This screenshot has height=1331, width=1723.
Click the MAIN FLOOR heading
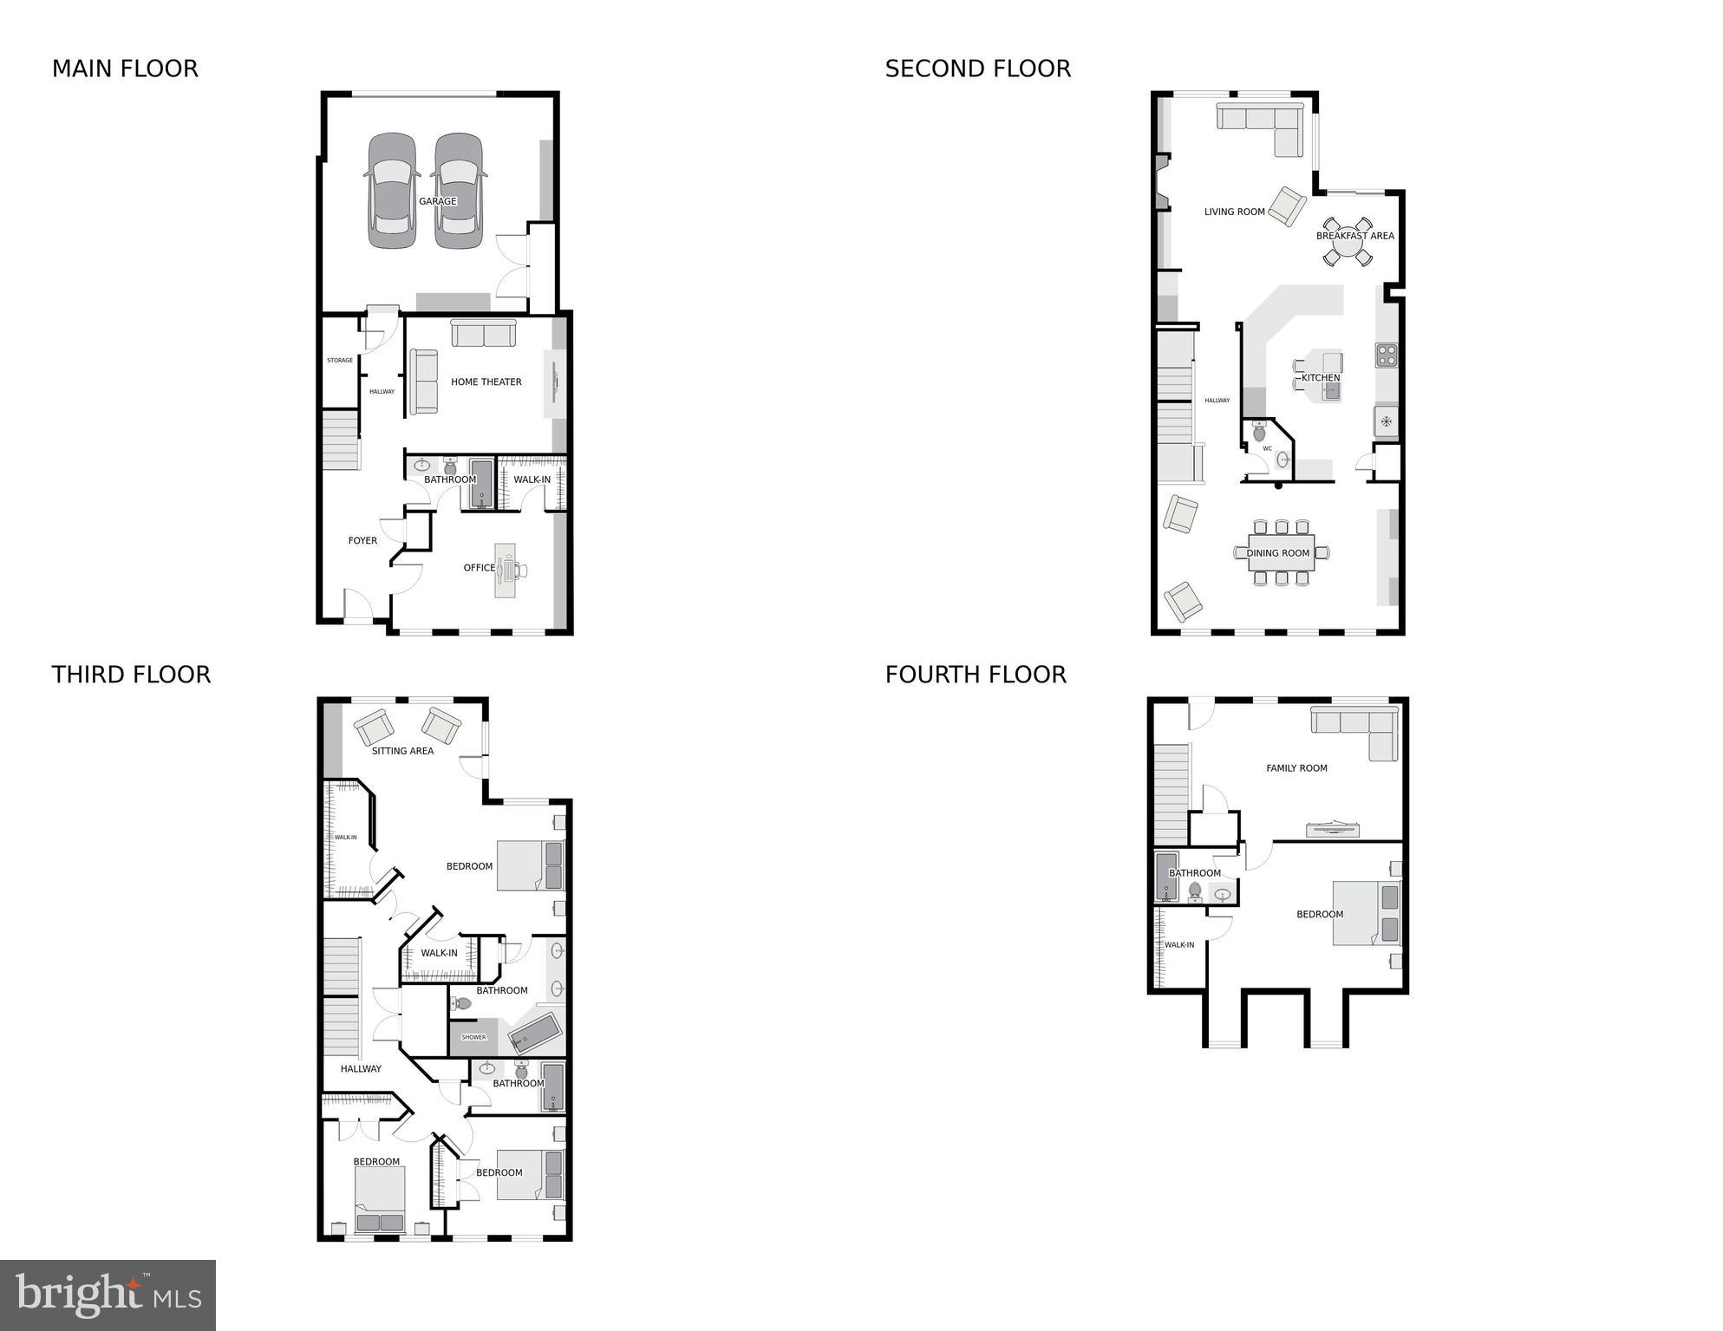[125, 69]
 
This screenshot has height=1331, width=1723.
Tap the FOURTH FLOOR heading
[976, 675]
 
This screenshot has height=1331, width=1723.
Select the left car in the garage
[393, 191]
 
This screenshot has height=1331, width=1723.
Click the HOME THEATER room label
[486, 382]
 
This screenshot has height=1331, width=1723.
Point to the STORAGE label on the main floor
[340, 361]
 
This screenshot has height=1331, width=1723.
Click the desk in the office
[505, 570]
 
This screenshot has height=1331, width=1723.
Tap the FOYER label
[362, 541]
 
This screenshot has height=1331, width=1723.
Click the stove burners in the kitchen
[1386, 355]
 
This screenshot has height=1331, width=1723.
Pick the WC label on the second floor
[1267, 448]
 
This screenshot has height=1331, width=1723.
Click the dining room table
[1280, 553]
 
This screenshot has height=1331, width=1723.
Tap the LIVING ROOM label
[1234, 212]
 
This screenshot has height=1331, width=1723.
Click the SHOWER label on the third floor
[473, 1037]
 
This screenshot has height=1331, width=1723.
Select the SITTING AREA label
[402, 751]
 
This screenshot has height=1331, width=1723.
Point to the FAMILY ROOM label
[1296, 768]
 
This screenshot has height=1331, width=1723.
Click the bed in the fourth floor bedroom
[1365, 913]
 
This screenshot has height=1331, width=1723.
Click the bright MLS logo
[108, 1295]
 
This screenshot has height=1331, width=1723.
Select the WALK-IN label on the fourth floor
[1179, 945]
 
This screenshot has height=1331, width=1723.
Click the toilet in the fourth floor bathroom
[1195, 891]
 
